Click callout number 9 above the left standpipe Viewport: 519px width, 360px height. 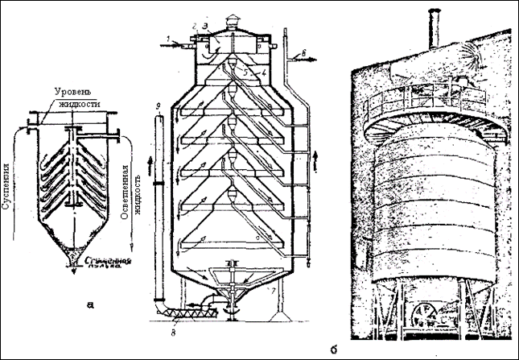tap(159, 107)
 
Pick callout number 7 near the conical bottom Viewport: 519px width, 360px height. tap(274, 287)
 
